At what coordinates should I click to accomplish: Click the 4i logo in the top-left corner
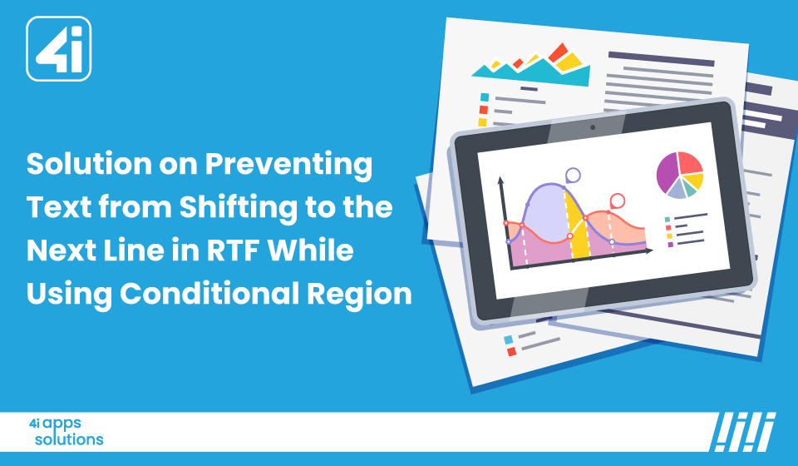58,49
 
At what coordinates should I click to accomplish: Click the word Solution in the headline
89,163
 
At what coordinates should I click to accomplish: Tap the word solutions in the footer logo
69,439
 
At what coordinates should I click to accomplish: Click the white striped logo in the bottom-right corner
742,432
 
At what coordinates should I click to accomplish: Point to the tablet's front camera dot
593,127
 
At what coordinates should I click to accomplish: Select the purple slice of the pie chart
667,173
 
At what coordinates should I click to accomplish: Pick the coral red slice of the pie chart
690,163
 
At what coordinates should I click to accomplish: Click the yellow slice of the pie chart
694,181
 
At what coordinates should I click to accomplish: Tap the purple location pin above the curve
573,176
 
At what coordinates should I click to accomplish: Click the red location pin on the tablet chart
617,201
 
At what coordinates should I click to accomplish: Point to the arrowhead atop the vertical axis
500,180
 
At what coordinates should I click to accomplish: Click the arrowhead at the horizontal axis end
649,250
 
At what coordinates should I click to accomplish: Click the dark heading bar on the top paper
662,58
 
